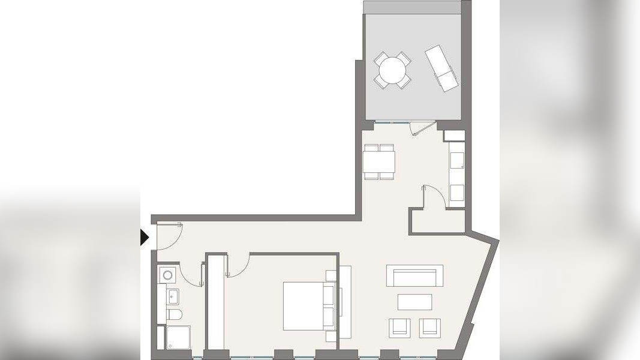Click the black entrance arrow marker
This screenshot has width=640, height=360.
click(144, 238)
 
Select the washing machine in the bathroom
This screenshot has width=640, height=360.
click(167, 275)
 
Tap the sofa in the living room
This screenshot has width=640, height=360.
click(414, 277)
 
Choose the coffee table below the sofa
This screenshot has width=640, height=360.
click(414, 302)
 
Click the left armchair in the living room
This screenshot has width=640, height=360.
click(399, 328)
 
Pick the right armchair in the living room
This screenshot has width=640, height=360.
click(429, 328)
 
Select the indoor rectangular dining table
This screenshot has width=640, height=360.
click(379, 161)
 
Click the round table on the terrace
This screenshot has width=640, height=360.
click(392, 71)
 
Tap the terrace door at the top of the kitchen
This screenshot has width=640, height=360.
click(419, 127)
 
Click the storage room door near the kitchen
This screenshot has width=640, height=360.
click(433, 196)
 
